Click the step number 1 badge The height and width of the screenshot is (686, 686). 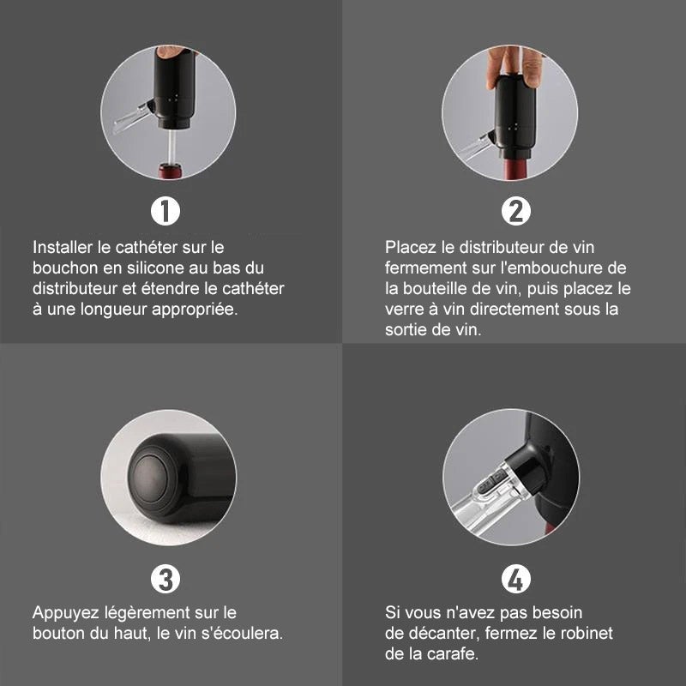point(165,211)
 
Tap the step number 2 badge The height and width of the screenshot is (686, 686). point(516,211)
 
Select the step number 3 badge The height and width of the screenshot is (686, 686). point(165,579)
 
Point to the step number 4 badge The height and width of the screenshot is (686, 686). point(516,579)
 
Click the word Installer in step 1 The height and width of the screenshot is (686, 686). point(63,247)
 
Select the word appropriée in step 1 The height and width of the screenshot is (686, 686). point(195,310)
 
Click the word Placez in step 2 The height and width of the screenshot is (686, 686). point(411,247)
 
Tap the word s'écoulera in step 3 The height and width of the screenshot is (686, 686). point(242,633)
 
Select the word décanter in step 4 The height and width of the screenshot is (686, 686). point(442,633)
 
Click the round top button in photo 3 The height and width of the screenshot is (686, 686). point(151,478)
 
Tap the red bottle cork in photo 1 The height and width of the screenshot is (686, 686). point(170,171)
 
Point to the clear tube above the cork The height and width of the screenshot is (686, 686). point(172,146)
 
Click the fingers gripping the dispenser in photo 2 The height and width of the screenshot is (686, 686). point(515,66)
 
